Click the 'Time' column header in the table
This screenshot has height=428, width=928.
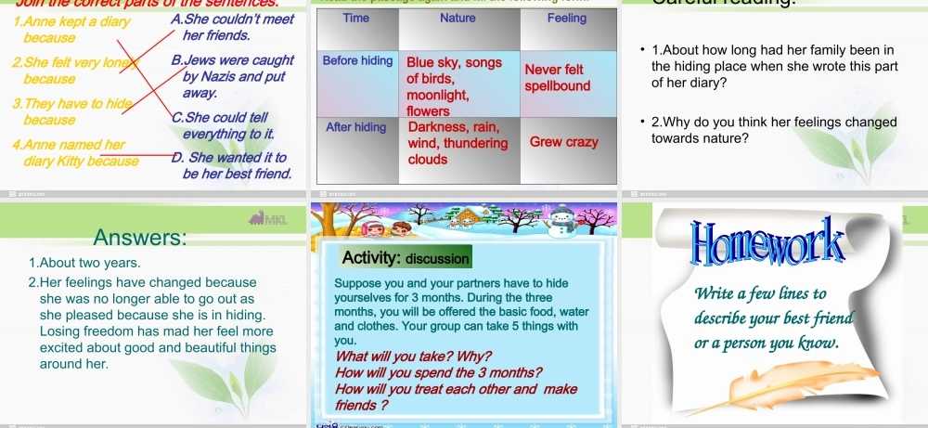[355, 18]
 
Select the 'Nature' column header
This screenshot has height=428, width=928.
[458, 18]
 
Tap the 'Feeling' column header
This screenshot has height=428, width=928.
[566, 18]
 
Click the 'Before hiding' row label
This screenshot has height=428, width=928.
[357, 61]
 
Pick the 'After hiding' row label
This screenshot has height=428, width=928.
[356, 127]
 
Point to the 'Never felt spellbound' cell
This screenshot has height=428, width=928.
[557, 77]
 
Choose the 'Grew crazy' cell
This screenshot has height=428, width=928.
[563, 143]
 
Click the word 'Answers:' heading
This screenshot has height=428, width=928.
[139, 239]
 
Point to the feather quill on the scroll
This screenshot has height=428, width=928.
[752, 386]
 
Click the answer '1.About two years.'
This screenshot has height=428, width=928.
[84, 264]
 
